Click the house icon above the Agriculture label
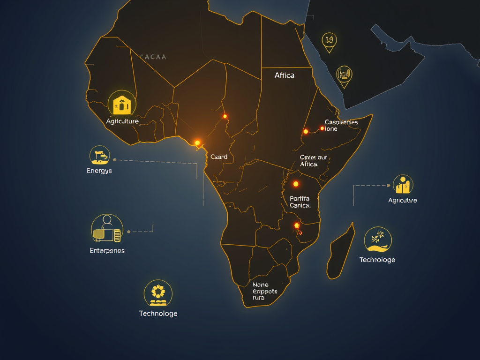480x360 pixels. [x=122, y=104]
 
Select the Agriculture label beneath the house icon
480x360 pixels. [x=122, y=121]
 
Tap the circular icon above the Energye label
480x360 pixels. [x=99, y=155]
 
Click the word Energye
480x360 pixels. [x=99, y=171]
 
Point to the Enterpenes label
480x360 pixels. [x=107, y=251]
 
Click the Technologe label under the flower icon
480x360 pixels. [x=158, y=314]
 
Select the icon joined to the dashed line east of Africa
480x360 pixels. [x=403, y=186]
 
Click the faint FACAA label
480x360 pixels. [x=153, y=57]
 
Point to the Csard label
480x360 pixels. [x=219, y=157]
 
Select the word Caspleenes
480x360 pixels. [x=341, y=122]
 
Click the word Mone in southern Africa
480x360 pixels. [x=261, y=285]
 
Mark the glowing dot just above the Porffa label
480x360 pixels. [x=296, y=184]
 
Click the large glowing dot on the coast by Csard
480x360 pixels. [x=197, y=142]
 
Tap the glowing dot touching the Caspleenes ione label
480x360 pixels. [x=322, y=128]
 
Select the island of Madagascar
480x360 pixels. [x=340, y=251]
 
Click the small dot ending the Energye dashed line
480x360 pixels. [x=114, y=160]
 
